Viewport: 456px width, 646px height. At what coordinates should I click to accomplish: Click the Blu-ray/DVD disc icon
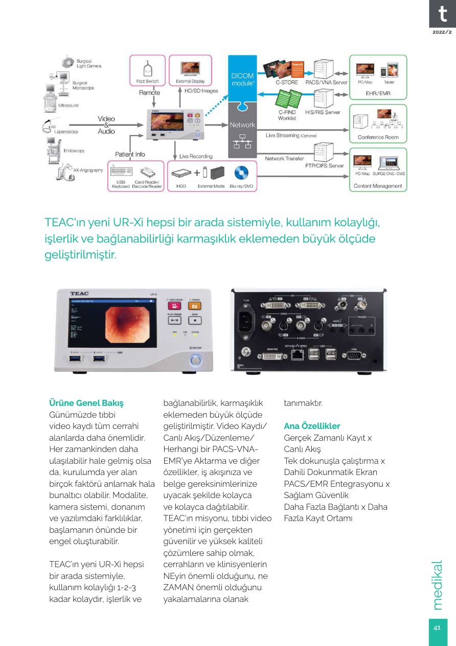coord(241,172)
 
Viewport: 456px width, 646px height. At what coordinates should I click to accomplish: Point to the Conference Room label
coord(378,137)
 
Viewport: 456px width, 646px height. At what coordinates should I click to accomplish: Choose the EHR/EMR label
coord(378,94)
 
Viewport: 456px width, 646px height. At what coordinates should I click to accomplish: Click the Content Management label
coord(378,186)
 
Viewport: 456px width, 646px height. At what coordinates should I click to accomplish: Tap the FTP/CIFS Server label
coord(325,166)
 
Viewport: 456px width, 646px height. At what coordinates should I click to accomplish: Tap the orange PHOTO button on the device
coord(194,305)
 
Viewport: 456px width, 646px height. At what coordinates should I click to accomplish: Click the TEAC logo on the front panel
coord(79,293)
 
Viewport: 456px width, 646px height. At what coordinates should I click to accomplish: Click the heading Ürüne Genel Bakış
coord(86,403)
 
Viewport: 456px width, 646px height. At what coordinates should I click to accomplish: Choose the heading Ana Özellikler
coord(312,426)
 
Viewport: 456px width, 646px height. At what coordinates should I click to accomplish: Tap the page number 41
coord(438,628)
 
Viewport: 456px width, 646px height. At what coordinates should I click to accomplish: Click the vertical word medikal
coord(438,585)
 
